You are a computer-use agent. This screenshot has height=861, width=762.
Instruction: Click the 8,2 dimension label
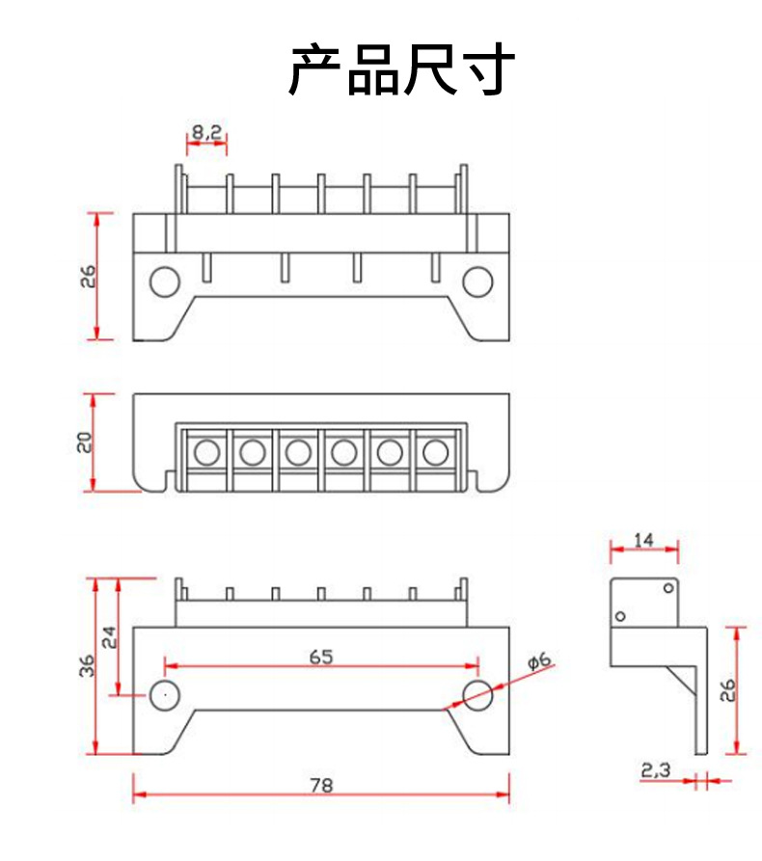pyautogui.click(x=205, y=132)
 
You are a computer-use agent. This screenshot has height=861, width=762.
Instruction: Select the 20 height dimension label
pyautogui.click(x=84, y=443)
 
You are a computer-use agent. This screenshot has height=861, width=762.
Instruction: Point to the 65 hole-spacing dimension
pyautogui.click(x=321, y=657)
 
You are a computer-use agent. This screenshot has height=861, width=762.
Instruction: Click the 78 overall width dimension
pyautogui.click(x=321, y=786)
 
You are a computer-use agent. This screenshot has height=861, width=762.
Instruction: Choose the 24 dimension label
pyautogui.click(x=109, y=637)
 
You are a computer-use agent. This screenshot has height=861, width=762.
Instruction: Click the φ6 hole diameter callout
pyautogui.click(x=539, y=660)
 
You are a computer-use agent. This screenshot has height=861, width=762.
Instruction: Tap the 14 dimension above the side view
pyautogui.click(x=644, y=541)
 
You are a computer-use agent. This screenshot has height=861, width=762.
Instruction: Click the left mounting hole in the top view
pyautogui.click(x=164, y=282)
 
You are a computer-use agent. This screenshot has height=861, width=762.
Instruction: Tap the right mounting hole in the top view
pyautogui.click(x=477, y=282)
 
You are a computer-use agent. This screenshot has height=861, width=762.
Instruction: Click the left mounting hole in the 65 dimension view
pyautogui.click(x=164, y=693)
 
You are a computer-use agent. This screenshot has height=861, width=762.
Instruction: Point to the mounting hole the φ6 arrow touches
pyautogui.click(x=477, y=693)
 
